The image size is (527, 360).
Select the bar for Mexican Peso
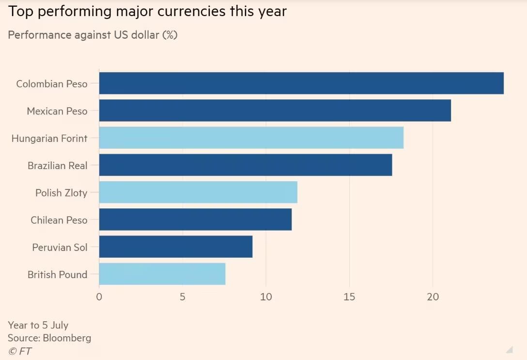[x=275, y=110]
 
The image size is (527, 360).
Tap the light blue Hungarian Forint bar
[x=251, y=138]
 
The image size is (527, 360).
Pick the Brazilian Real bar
[x=246, y=165]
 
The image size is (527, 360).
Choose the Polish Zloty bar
[x=198, y=192]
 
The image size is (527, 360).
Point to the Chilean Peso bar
[x=195, y=219]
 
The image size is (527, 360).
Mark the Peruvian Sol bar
[x=176, y=247]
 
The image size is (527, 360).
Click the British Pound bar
[x=162, y=274]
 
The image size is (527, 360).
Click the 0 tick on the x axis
[x=99, y=297]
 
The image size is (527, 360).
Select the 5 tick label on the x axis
[x=183, y=297]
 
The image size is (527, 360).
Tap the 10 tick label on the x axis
[x=266, y=297]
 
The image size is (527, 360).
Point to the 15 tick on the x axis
[x=349, y=297]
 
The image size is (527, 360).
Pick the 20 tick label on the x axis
[x=433, y=297]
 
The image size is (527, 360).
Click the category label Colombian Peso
[x=52, y=84]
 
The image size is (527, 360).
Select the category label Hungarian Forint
[x=49, y=139]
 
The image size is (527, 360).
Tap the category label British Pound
[x=57, y=275]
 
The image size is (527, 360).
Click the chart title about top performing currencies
[x=147, y=12]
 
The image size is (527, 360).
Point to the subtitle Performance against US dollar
[x=93, y=35]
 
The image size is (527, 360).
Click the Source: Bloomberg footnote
[x=49, y=338]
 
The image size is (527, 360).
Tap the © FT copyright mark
[x=20, y=351]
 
